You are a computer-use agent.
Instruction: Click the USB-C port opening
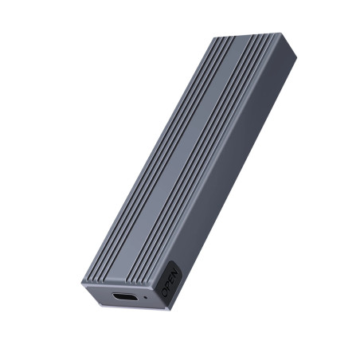(x=125, y=296)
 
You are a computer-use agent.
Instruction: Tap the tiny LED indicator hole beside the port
(x=145, y=296)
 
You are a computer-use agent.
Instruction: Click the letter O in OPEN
(x=166, y=292)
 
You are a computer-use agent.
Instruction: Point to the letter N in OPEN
(x=174, y=272)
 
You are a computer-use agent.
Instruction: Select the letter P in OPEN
(x=169, y=285)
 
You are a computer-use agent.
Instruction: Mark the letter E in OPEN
(x=171, y=279)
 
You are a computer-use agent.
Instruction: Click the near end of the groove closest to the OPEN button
(x=157, y=282)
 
